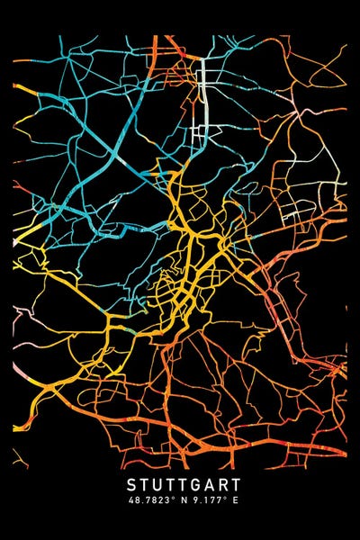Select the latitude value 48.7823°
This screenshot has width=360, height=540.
click(149, 500)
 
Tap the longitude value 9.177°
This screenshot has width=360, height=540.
click(203, 500)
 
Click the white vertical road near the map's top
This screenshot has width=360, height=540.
click(202, 99)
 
